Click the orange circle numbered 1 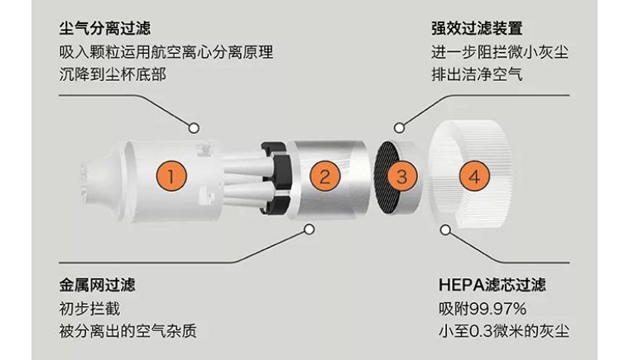pyautogui.click(x=170, y=175)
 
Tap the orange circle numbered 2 pyautogui.click(x=325, y=175)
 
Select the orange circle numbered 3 pyautogui.click(x=401, y=176)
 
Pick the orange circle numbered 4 pyautogui.click(x=473, y=176)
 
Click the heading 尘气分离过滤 pyautogui.click(x=104, y=29)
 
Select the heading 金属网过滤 pyautogui.click(x=97, y=286)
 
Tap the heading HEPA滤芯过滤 pyautogui.click(x=492, y=286)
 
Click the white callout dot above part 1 pyautogui.click(x=194, y=128)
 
